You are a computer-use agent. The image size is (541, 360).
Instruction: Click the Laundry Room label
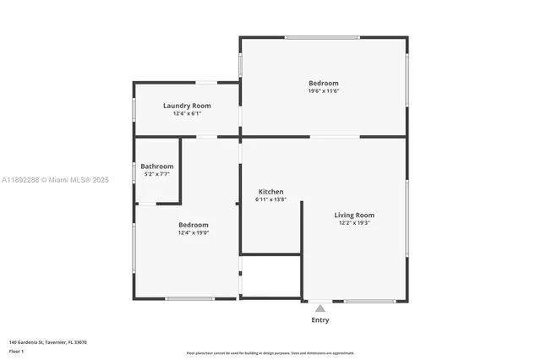tap(187, 106)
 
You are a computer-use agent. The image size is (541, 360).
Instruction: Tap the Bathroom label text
tap(157, 166)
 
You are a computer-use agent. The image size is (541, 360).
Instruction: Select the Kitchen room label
tap(270, 192)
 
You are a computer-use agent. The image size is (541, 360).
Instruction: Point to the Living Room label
tap(353, 215)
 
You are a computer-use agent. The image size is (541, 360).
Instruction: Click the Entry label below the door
tap(320, 320)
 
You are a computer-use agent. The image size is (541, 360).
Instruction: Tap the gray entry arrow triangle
tap(320, 309)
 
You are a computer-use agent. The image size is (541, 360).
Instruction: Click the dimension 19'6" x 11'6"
tap(324, 90)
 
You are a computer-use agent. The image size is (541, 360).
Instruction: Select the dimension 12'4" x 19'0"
tap(194, 233)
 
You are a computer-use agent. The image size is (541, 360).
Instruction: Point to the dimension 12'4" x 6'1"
tap(187, 113)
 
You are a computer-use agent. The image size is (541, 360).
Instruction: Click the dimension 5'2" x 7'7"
tap(157, 174)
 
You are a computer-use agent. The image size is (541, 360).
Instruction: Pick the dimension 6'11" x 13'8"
tap(271, 199)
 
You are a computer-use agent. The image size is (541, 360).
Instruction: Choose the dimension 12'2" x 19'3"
tap(353, 223)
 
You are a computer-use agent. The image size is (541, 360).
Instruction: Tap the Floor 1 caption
tap(16, 351)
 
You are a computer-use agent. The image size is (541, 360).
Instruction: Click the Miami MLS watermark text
tap(56, 180)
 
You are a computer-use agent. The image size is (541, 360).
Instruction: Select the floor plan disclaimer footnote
tap(270, 353)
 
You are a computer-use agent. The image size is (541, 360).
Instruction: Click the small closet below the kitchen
tap(270, 275)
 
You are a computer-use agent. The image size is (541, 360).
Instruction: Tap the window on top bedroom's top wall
tap(321, 37)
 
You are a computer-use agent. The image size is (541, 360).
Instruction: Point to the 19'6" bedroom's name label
tap(324, 83)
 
